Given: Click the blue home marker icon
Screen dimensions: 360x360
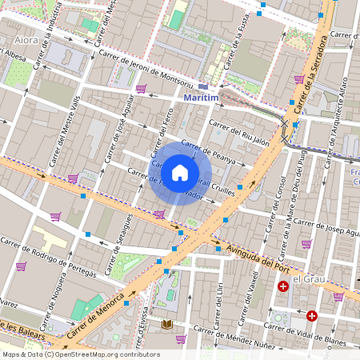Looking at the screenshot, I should pyautogui.click(x=180, y=172).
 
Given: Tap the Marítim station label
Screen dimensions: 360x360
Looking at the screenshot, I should pyautogui.click(x=201, y=98).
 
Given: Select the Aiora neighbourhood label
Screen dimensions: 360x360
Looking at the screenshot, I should pyautogui.click(x=27, y=38).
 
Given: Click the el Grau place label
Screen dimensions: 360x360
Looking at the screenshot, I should pyautogui.click(x=307, y=278).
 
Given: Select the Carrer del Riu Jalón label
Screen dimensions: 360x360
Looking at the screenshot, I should pyautogui.click(x=238, y=133).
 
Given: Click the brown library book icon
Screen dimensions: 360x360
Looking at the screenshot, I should pyautogui.click(x=167, y=324).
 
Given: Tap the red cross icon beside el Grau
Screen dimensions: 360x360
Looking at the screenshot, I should pyautogui.click(x=282, y=286).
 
